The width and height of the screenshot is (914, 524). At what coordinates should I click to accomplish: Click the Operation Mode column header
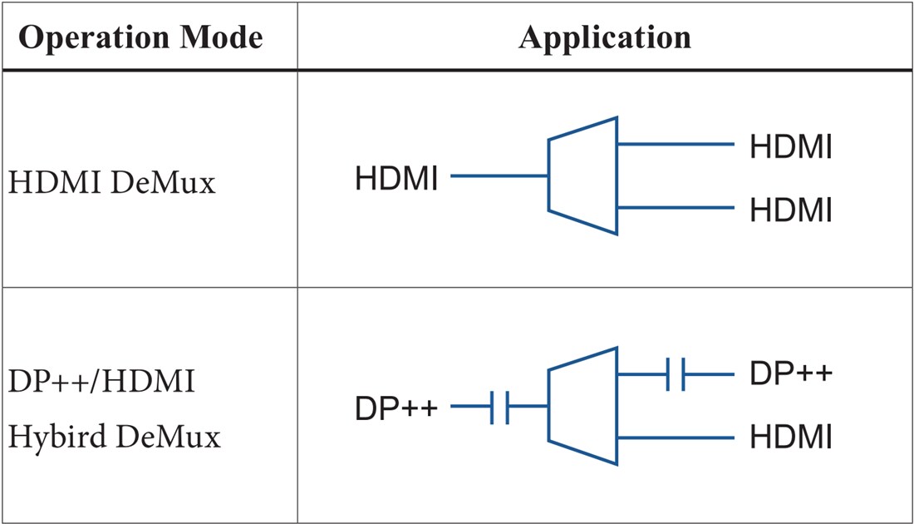point(140,38)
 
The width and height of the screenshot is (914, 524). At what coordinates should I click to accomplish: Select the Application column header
point(604,38)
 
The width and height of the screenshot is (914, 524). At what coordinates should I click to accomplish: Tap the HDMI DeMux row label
point(112,182)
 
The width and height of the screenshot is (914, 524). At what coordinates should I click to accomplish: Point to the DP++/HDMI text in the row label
point(101,383)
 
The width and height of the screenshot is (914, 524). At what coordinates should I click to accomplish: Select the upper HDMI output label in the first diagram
point(790,148)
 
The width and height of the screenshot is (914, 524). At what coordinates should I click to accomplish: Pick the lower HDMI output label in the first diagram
point(790,210)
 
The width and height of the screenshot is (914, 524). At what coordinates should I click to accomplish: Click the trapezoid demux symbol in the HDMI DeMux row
point(582,175)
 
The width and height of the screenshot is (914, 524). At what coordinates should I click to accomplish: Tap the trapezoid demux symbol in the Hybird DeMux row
point(582,406)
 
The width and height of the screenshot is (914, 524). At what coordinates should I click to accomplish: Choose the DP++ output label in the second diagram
point(790,374)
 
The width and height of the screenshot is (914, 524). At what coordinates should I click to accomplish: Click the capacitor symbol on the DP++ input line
point(500,408)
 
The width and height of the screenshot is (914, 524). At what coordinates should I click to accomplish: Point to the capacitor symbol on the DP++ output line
point(676,374)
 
